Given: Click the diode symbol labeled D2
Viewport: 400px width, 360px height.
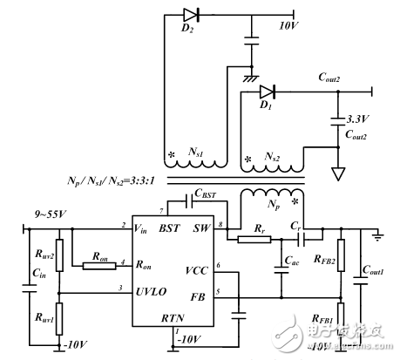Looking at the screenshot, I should click(190, 14).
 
